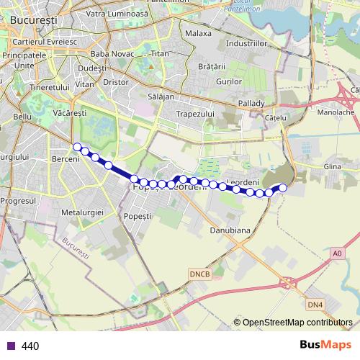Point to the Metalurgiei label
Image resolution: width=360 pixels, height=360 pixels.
point(84,213)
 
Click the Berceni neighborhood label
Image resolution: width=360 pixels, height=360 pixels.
point(66,158)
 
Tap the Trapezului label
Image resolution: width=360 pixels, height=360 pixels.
point(197,114)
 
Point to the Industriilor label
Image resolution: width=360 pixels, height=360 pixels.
point(246,44)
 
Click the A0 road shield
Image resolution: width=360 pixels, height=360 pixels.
point(338,253)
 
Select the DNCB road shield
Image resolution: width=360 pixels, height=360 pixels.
point(199,274)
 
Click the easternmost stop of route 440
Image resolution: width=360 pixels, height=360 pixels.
point(282,188)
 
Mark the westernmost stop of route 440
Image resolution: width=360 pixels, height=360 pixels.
point(77,147)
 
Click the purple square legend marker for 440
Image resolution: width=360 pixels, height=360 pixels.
point(10,346)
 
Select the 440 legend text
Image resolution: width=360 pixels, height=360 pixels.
point(30,346)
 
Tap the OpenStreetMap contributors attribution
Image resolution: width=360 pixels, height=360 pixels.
point(297,323)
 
